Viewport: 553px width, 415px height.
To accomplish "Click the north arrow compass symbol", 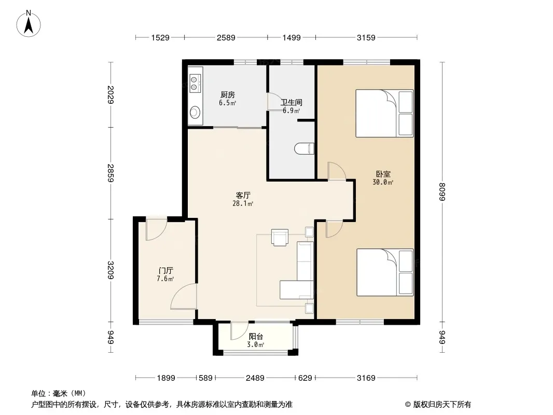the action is [29, 23].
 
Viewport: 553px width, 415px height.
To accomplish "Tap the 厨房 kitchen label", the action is [228, 95].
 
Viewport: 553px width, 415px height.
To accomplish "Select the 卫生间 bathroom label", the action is [292, 103].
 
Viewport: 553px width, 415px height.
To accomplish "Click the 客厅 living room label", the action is [243, 196].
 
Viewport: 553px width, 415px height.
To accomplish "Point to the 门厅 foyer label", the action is [165, 271].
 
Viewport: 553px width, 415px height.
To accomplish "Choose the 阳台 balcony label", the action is [256, 337].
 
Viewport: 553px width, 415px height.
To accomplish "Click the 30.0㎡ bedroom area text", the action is [383, 182].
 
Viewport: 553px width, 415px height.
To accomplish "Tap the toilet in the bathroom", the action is [304, 148].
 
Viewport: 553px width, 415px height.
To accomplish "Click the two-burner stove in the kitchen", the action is [196, 84].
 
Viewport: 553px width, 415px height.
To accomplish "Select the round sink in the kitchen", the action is [195, 113].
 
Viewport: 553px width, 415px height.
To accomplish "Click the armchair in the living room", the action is [280, 237].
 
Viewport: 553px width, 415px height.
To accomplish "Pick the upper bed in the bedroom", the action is [384, 113].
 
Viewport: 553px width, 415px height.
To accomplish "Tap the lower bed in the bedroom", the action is [385, 272].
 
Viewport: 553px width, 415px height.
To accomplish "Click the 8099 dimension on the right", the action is [442, 192].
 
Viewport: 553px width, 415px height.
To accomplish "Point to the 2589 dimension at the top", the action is [226, 37].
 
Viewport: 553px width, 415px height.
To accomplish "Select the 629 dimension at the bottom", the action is [305, 378].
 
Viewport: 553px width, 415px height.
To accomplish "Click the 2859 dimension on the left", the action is [110, 173].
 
